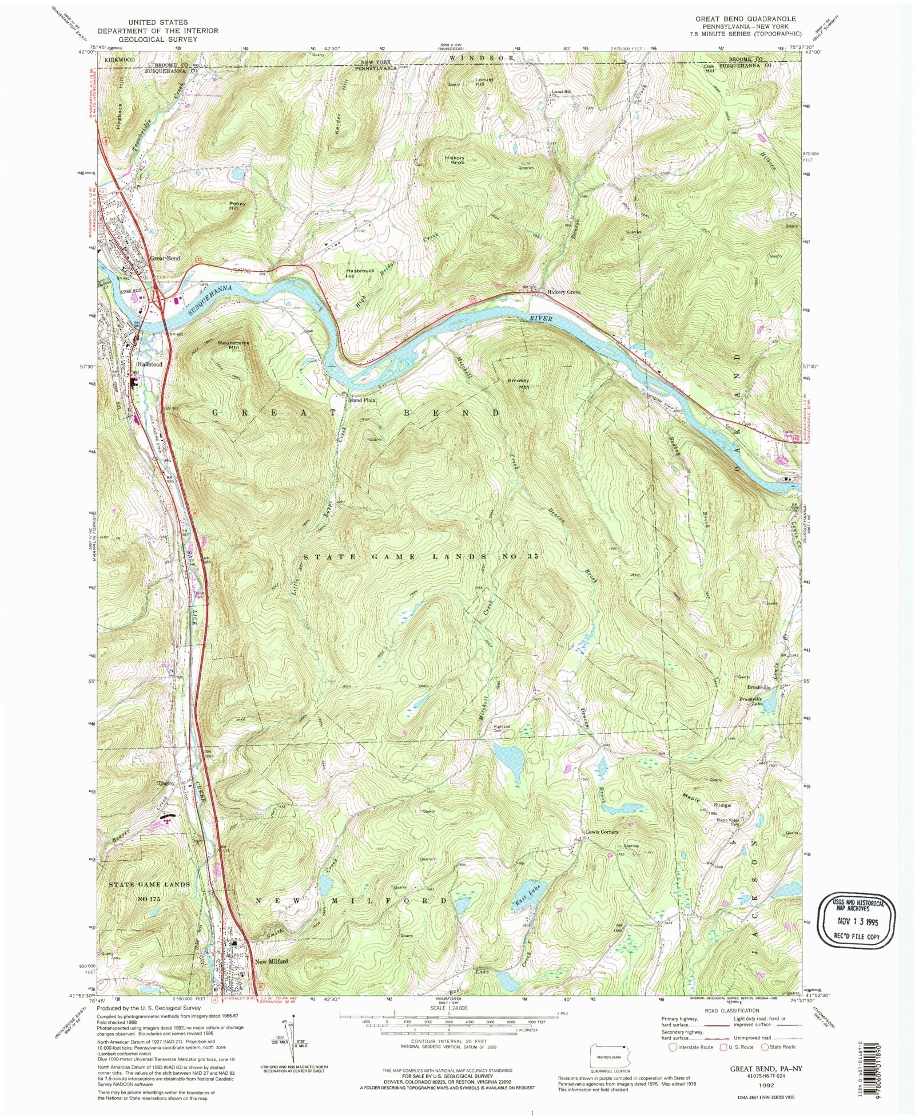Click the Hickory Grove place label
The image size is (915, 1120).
(x=564, y=292)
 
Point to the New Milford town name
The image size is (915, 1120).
(x=272, y=961)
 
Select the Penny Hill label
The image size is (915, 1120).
(x=237, y=205)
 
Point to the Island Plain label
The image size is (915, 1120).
(x=363, y=400)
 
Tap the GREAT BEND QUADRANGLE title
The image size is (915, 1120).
(x=745, y=19)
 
